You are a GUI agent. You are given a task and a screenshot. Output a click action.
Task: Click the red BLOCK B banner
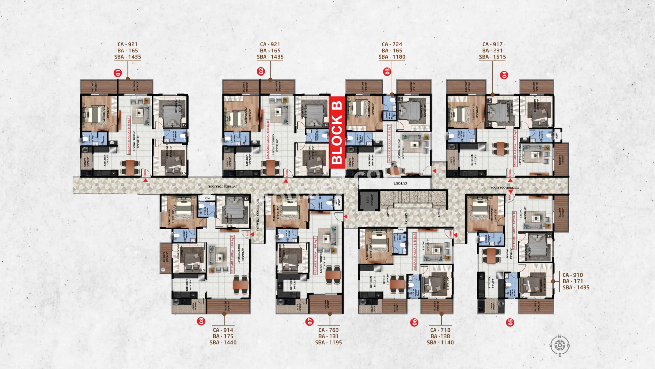click(x=337, y=132)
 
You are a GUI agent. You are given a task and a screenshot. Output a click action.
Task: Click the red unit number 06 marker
click(x=414, y=322)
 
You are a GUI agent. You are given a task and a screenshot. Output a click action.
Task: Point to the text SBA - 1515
click(x=492, y=57)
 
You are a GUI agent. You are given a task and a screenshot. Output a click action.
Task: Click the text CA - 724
click(x=392, y=44)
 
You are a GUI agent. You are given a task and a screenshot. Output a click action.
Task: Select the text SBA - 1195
click(x=329, y=343)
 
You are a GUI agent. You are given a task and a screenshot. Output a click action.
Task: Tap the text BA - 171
click(x=573, y=281)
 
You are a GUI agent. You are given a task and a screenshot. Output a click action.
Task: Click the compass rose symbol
click(x=560, y=345)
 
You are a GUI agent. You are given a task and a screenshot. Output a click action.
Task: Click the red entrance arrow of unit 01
click(x=145, y=180)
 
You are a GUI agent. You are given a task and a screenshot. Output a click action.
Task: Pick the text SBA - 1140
click(x=440, y=343)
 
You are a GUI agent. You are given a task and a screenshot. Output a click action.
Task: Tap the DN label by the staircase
click(x=439, y=215)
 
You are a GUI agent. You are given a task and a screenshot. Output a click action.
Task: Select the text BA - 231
click(x=492, y=50)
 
